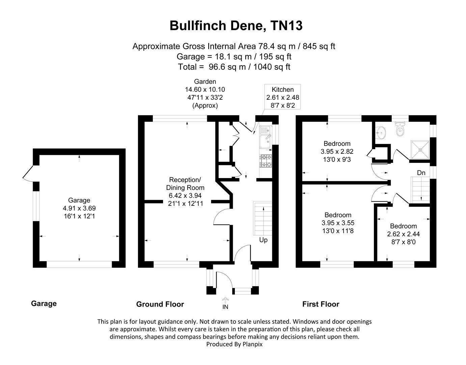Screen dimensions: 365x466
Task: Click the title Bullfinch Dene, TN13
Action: pyautogui.click(x=236, y=26)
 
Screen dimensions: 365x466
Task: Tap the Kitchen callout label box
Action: pyautogui.click(x=282, y=97)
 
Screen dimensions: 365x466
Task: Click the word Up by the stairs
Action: pyautogui.click(x=263, y=240)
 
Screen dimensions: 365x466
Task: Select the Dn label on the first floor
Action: pyautogui.click(x=421, y=173)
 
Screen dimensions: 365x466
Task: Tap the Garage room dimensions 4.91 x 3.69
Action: pyautogui.click(x=79, y=208)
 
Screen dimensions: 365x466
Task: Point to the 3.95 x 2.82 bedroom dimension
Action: pyautogui.click(x=337, y=151)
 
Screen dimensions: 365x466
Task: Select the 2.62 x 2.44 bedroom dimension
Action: pyautogui.click(x=403, y=234)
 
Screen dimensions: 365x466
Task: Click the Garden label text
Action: pyautogui.click(x=205, y=81)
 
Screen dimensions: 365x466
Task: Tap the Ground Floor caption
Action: pyautogui.click(x=160, y=304)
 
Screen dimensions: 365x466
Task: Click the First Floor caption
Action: pyautogui.click(x=321, y=304)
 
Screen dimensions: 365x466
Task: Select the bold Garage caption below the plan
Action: pyautogui.click(x=44, y=303)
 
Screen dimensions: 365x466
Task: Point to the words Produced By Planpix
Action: pyautogui.click(x=234, y=344)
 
